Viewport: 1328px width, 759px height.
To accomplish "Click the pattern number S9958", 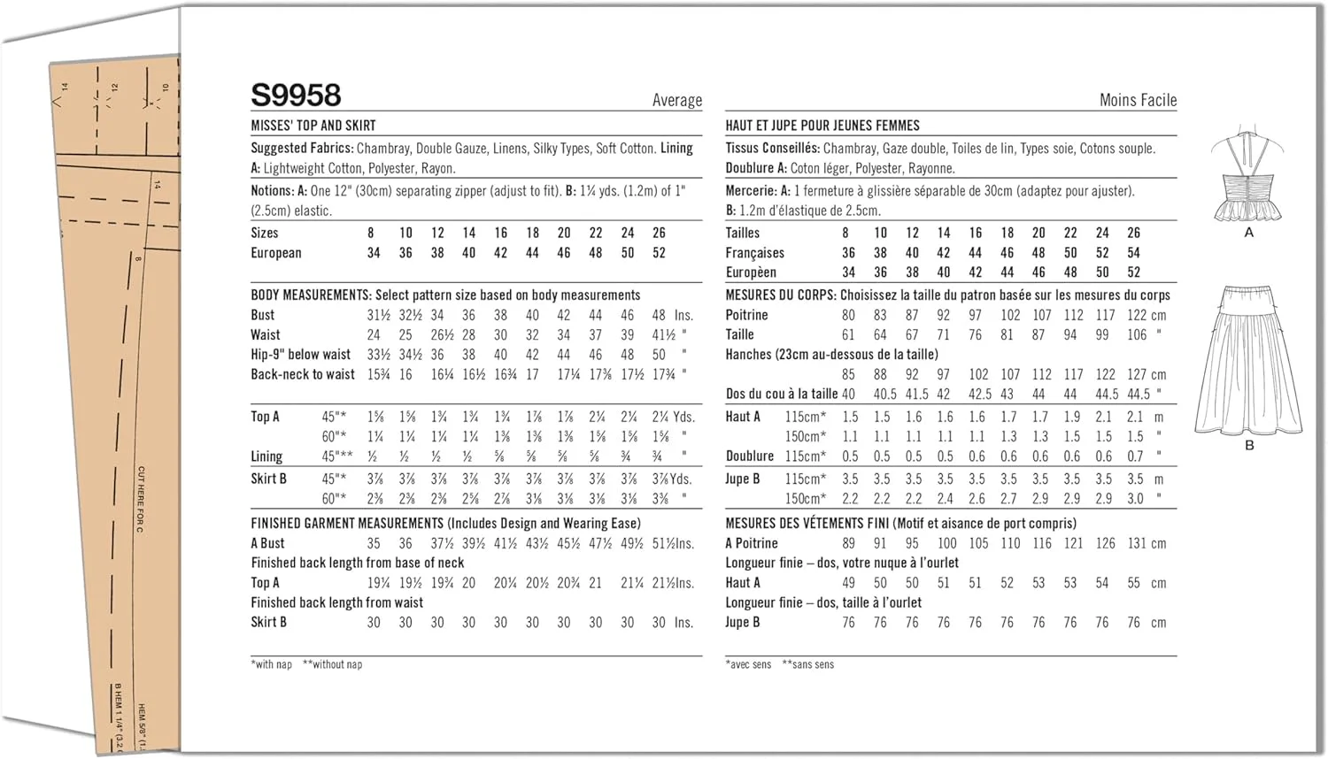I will pos(296,95).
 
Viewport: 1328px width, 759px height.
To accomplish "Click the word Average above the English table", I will pos(676,100).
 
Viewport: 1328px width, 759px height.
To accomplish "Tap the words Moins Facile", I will pos(1138,100).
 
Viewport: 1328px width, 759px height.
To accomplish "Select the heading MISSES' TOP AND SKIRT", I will pos(313,126).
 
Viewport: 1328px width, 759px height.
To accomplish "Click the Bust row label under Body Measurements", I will pos(263,315).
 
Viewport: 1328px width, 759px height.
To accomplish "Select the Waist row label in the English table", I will pos(266,334).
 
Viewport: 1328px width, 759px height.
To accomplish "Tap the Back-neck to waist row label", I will pos(303,374).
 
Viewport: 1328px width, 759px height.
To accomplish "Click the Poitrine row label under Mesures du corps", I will pos(746,315).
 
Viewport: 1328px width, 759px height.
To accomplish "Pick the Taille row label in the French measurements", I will pos(740,334).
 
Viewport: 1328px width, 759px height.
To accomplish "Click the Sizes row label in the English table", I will pos(265,233).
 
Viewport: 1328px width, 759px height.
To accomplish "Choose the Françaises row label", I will pos(755,253).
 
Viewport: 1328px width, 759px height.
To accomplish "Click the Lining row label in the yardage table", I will pos(266,456).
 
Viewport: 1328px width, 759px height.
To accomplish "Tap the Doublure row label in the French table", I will pos(750,456).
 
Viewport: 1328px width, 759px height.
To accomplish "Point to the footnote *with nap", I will pos(271,664).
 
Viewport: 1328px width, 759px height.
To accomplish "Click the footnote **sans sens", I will pos(807,664).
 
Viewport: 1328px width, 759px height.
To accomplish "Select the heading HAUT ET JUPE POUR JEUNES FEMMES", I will pos(822,126).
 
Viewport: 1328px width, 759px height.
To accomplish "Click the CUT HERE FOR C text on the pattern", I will pos(141,499).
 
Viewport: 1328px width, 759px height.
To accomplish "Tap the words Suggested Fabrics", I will pos(302,149).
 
